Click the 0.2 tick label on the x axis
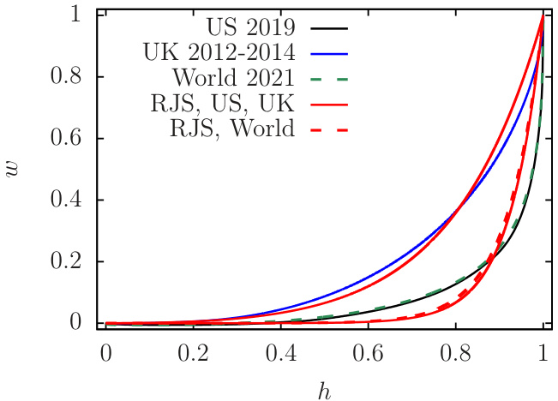(193, 353)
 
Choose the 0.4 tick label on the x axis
(280, 353)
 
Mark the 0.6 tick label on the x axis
(368, 353)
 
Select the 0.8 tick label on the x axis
(455, 353)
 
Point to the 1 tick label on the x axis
(543, 353)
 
